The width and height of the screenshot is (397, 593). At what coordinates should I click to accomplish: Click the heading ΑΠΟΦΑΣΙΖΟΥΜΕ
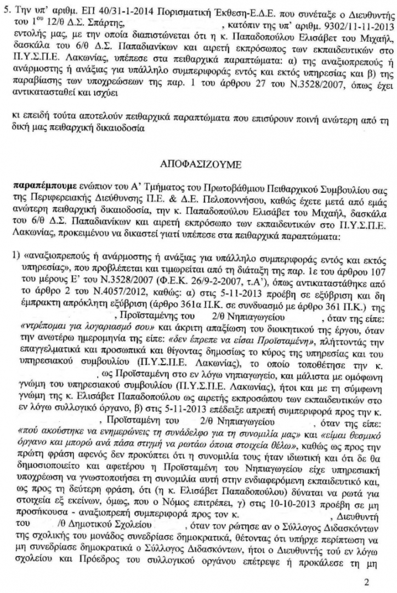[198, 165]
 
